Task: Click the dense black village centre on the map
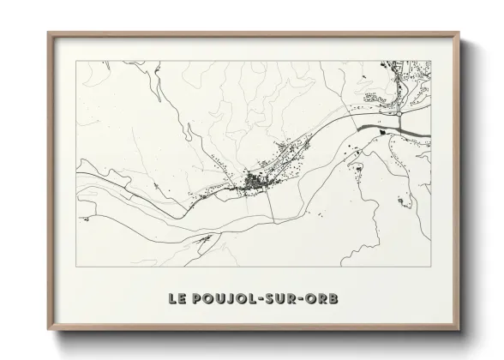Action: tap(255, 182)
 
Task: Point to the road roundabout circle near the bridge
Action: tap(399, 112)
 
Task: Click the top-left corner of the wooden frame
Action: tap(49, 34)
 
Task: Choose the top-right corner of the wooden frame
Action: tap(459, 34)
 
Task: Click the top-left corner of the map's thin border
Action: tap(76, 61)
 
